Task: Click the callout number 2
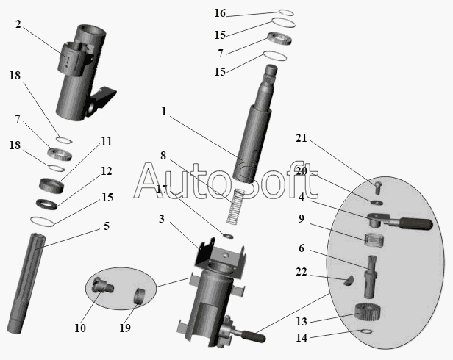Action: pos(18,24)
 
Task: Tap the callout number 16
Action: pos(220,13)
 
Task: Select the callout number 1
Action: pos(163,112)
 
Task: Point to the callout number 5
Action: pos(107,226)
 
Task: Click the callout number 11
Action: pos(107,141)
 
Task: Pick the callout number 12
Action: pos(107,171)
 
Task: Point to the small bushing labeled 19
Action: pos(138,298)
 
